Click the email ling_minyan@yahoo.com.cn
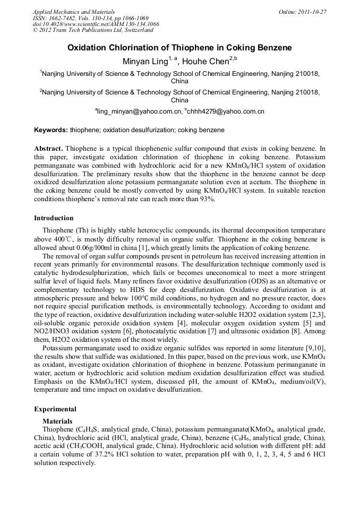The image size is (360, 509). click(139, 112)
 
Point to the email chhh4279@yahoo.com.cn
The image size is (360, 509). click(226, 112)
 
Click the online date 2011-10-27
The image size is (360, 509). click(313, 12)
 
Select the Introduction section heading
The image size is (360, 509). click(54, 218)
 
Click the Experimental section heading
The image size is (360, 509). click(55, 409)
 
